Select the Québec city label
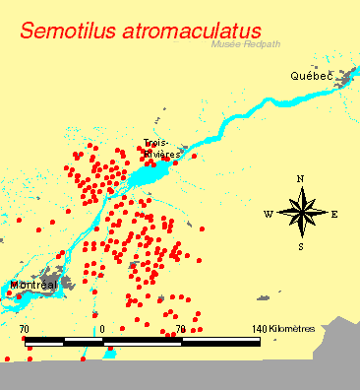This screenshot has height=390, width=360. [x=310, y=76]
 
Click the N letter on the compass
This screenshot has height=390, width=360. [x=299, y=178]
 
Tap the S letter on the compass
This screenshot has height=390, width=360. [x=301, y=246]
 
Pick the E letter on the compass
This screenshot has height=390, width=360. [x=334, y=213]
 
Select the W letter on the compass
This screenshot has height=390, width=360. [x=268, y=213]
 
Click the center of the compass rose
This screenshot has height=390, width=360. [x=301, y=212]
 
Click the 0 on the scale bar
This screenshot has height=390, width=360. [x=101, y=328]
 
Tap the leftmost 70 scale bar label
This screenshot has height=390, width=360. [x=24, y=328]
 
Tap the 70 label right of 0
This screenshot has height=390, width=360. [x=180, y=328]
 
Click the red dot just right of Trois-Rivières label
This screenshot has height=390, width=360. [x=193, y=156]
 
